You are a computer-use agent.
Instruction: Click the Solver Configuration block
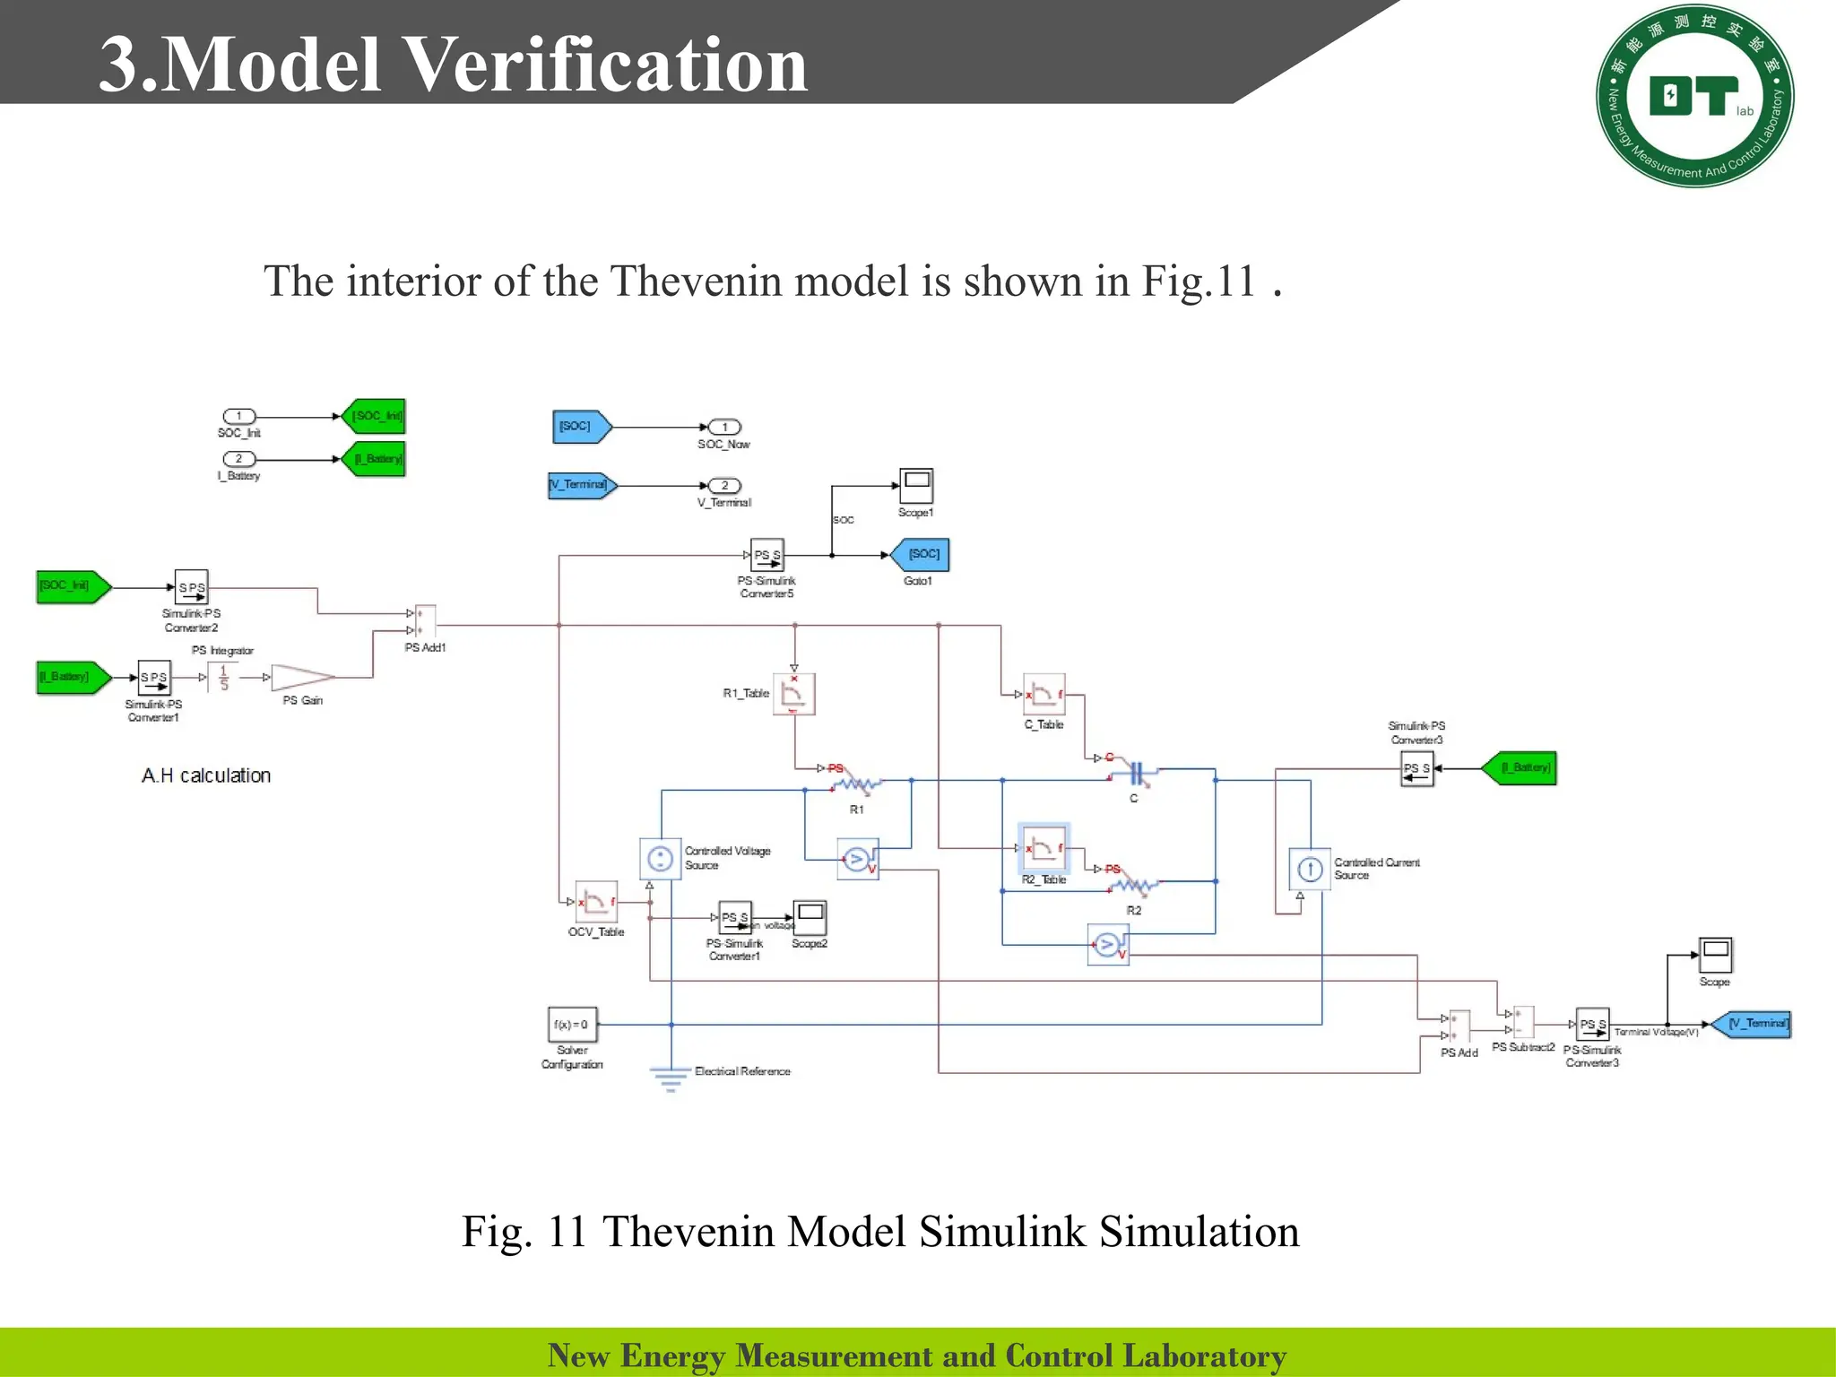point(572,1024)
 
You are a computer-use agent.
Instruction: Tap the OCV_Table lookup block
point(596,902)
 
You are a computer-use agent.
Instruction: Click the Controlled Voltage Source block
point(661,859)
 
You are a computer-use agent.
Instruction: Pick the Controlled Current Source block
point(1310,869)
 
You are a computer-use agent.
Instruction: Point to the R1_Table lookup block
point(794,694)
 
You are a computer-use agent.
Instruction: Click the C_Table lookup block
point(1044,695)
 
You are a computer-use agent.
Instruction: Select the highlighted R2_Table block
point(1044,848)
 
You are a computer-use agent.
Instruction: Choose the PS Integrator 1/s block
point(223,678)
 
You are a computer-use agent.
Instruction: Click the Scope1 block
point(916,486)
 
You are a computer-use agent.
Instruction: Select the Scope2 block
point(810,918)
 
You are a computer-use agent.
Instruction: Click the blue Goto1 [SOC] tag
point(922,555)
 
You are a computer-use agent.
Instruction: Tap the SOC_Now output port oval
point(724,428)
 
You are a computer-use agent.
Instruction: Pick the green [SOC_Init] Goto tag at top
point(376,416)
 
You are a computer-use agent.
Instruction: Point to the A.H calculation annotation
point(206,775)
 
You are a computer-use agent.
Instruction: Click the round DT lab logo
point(1694,96)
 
